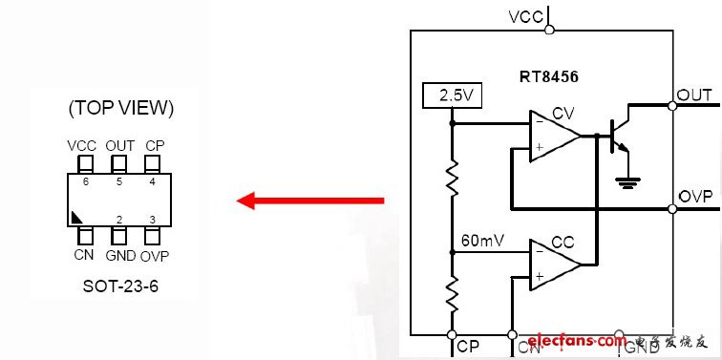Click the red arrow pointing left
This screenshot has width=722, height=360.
coord(309,201)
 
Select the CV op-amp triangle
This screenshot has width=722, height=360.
coord(553,136)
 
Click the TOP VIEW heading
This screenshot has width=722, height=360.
coord(120,108)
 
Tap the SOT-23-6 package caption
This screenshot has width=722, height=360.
coord(119,286)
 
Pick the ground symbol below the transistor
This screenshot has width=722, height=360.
coord(626,180)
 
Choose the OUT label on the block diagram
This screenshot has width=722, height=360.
coord(693,95)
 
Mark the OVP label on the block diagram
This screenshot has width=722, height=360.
coord(695,196)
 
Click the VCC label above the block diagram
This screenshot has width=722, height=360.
coord(526,16)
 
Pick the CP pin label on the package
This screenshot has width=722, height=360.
coord(154,145)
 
